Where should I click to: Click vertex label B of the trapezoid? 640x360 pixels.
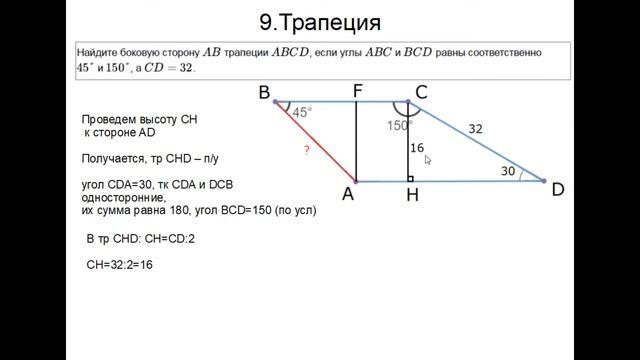point(264,94)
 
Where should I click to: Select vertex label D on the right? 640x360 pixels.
point(560,189)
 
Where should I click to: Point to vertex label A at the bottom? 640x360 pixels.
point(348,195)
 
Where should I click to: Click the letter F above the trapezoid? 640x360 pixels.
point(357,90)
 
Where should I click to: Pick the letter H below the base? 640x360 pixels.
point(412,196)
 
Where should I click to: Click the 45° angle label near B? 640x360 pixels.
point(302,113)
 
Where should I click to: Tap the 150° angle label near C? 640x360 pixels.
point(399,127)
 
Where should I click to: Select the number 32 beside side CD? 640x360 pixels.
point(475,128)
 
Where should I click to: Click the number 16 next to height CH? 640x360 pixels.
point(417,148)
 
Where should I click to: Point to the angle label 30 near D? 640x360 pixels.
point(508,172)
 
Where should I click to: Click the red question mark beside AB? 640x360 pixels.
point(305,150)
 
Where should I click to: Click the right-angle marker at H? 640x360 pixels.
point(411,179)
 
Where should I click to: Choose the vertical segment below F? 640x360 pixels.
point(357,141)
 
